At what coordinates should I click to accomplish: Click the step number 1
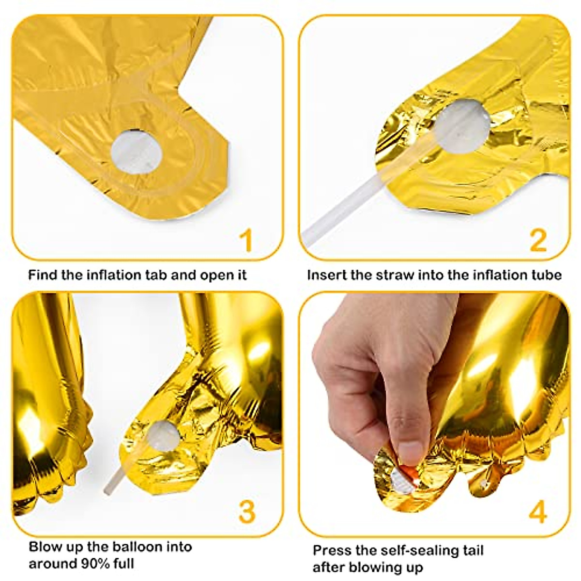(x=247, y=241)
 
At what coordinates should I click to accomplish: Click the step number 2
(x=538, y=241)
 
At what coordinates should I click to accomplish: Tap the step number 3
(x=247, y=511)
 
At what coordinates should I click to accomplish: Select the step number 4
(x=538, y=511)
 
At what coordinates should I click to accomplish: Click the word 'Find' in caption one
(x=42, y=275)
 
